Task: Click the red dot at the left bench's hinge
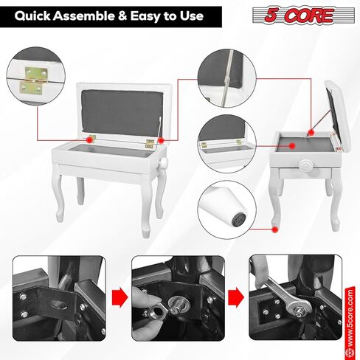pos(91,138)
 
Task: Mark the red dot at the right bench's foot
pos(275,229)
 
